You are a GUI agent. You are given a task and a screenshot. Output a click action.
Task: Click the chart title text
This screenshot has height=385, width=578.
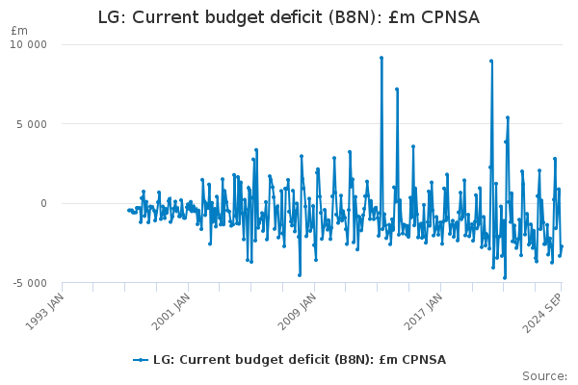tap(288, 17)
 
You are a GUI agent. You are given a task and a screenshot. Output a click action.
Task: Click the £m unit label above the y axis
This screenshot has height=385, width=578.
tap(19, 31)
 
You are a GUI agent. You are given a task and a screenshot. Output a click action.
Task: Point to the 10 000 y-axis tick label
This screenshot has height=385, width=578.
tap(30, 45)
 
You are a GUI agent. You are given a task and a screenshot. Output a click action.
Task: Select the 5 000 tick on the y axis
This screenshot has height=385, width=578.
tap(34, 124)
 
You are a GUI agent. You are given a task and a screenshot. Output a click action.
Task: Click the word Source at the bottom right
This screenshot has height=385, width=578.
tap(544, 375)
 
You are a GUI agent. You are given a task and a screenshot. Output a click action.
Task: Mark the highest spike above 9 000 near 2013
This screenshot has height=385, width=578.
tap(381, 58)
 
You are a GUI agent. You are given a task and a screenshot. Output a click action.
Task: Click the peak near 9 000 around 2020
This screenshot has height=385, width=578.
tap(491, 61)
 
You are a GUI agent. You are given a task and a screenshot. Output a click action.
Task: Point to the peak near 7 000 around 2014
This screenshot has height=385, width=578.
tap(397, 90)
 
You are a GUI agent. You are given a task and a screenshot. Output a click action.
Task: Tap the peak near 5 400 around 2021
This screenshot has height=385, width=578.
tap(508, 117)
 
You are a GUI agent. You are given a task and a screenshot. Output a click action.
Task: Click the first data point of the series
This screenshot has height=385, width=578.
tap(128, 210)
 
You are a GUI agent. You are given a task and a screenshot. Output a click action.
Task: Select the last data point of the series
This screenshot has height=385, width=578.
tap(562, 246)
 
